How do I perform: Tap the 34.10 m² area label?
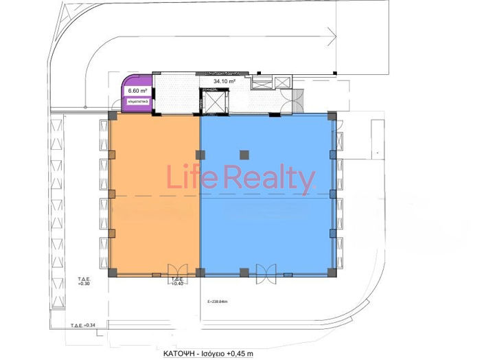pyautogui.click(x=224, y=81)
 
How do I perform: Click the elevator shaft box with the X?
pyautogui.click(x=217, y=102)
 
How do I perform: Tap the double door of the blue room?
pyautogui.click(x=265, y=271)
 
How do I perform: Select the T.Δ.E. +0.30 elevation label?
pyautogui.click(x=84, y=280)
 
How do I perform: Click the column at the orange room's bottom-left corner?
pyautogui.click(x=112, y=273)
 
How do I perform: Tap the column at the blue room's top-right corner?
pyautogui.click(x=332, y=117)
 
